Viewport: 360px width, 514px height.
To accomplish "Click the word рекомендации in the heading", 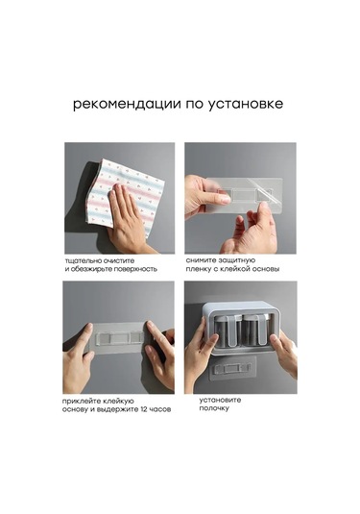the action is [127, 105].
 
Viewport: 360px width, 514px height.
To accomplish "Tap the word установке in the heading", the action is [246, 105].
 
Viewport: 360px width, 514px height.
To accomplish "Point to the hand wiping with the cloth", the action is [129, 220].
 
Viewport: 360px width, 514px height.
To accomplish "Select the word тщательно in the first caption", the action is [84, 261].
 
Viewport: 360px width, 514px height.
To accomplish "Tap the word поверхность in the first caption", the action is [135, 269].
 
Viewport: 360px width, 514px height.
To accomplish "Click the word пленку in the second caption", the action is [198, 269].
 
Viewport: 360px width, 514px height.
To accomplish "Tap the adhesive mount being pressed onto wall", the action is [119, 337].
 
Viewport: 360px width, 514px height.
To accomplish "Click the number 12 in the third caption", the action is [143, 409].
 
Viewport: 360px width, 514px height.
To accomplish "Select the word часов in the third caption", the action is [160, 409].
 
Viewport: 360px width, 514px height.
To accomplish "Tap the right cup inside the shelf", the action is [256, 330].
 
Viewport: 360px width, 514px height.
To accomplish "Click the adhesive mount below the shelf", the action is [233, 368].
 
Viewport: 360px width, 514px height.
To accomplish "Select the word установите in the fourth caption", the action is [220, 401].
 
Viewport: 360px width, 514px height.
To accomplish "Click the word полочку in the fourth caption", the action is [214, 408].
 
